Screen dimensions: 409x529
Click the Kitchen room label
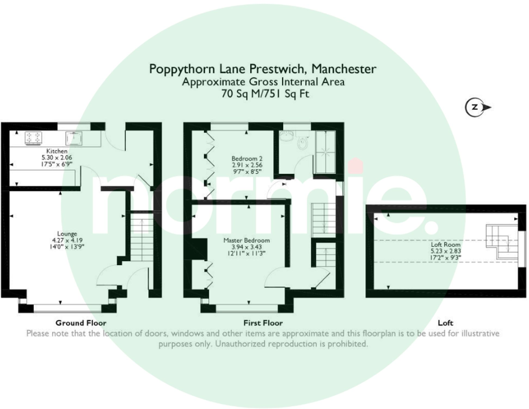tap(57, 151)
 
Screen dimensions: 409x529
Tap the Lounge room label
tap(67, 234)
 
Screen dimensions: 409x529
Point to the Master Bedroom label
tap(247, 241)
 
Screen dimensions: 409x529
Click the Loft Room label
tap(445, 245)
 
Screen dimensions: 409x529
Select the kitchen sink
tap(74, 138)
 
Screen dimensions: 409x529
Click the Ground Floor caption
tap(81, 323)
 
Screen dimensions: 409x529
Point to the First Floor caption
tap(263, 323)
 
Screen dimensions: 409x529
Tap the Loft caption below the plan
tap(445, 323)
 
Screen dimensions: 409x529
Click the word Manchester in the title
tap(344, 69)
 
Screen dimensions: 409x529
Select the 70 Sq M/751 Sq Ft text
tap(265, 94)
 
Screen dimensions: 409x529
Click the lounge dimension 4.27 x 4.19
tap(67, 240)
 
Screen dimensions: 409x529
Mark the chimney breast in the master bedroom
tap(199, 249)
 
